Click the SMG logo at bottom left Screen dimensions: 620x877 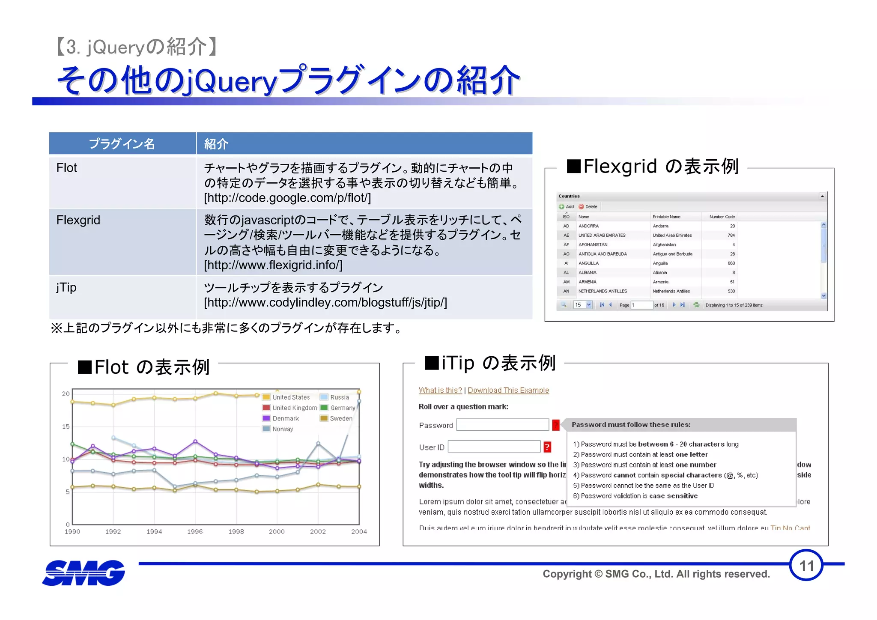click(84, 572)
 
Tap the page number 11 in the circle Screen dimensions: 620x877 click(806, 566)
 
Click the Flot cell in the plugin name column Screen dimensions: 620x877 click(67, 168)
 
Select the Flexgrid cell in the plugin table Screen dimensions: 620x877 click(78, 220)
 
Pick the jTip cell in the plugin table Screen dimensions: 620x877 click(66, 287)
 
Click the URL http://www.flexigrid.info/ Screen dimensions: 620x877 click(273, 265)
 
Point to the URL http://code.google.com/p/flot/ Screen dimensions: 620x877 click(287, 198)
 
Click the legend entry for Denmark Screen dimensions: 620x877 click(286, 418)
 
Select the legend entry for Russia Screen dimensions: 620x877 click(340, 397)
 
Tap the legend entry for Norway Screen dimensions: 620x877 click(283, 429)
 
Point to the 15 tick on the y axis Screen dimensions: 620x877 click(66, 426)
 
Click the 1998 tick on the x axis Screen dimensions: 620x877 click(236, 531)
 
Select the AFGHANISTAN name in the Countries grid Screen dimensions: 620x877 click(593, 244)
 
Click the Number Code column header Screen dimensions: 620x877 click(722, 217)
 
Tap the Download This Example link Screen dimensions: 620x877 click(508, 390)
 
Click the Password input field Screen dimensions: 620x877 click(502, 425)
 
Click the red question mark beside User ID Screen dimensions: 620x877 click(547, 447)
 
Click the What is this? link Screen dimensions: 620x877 click(440, 390)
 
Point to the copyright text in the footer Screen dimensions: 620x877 click(656, 574)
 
